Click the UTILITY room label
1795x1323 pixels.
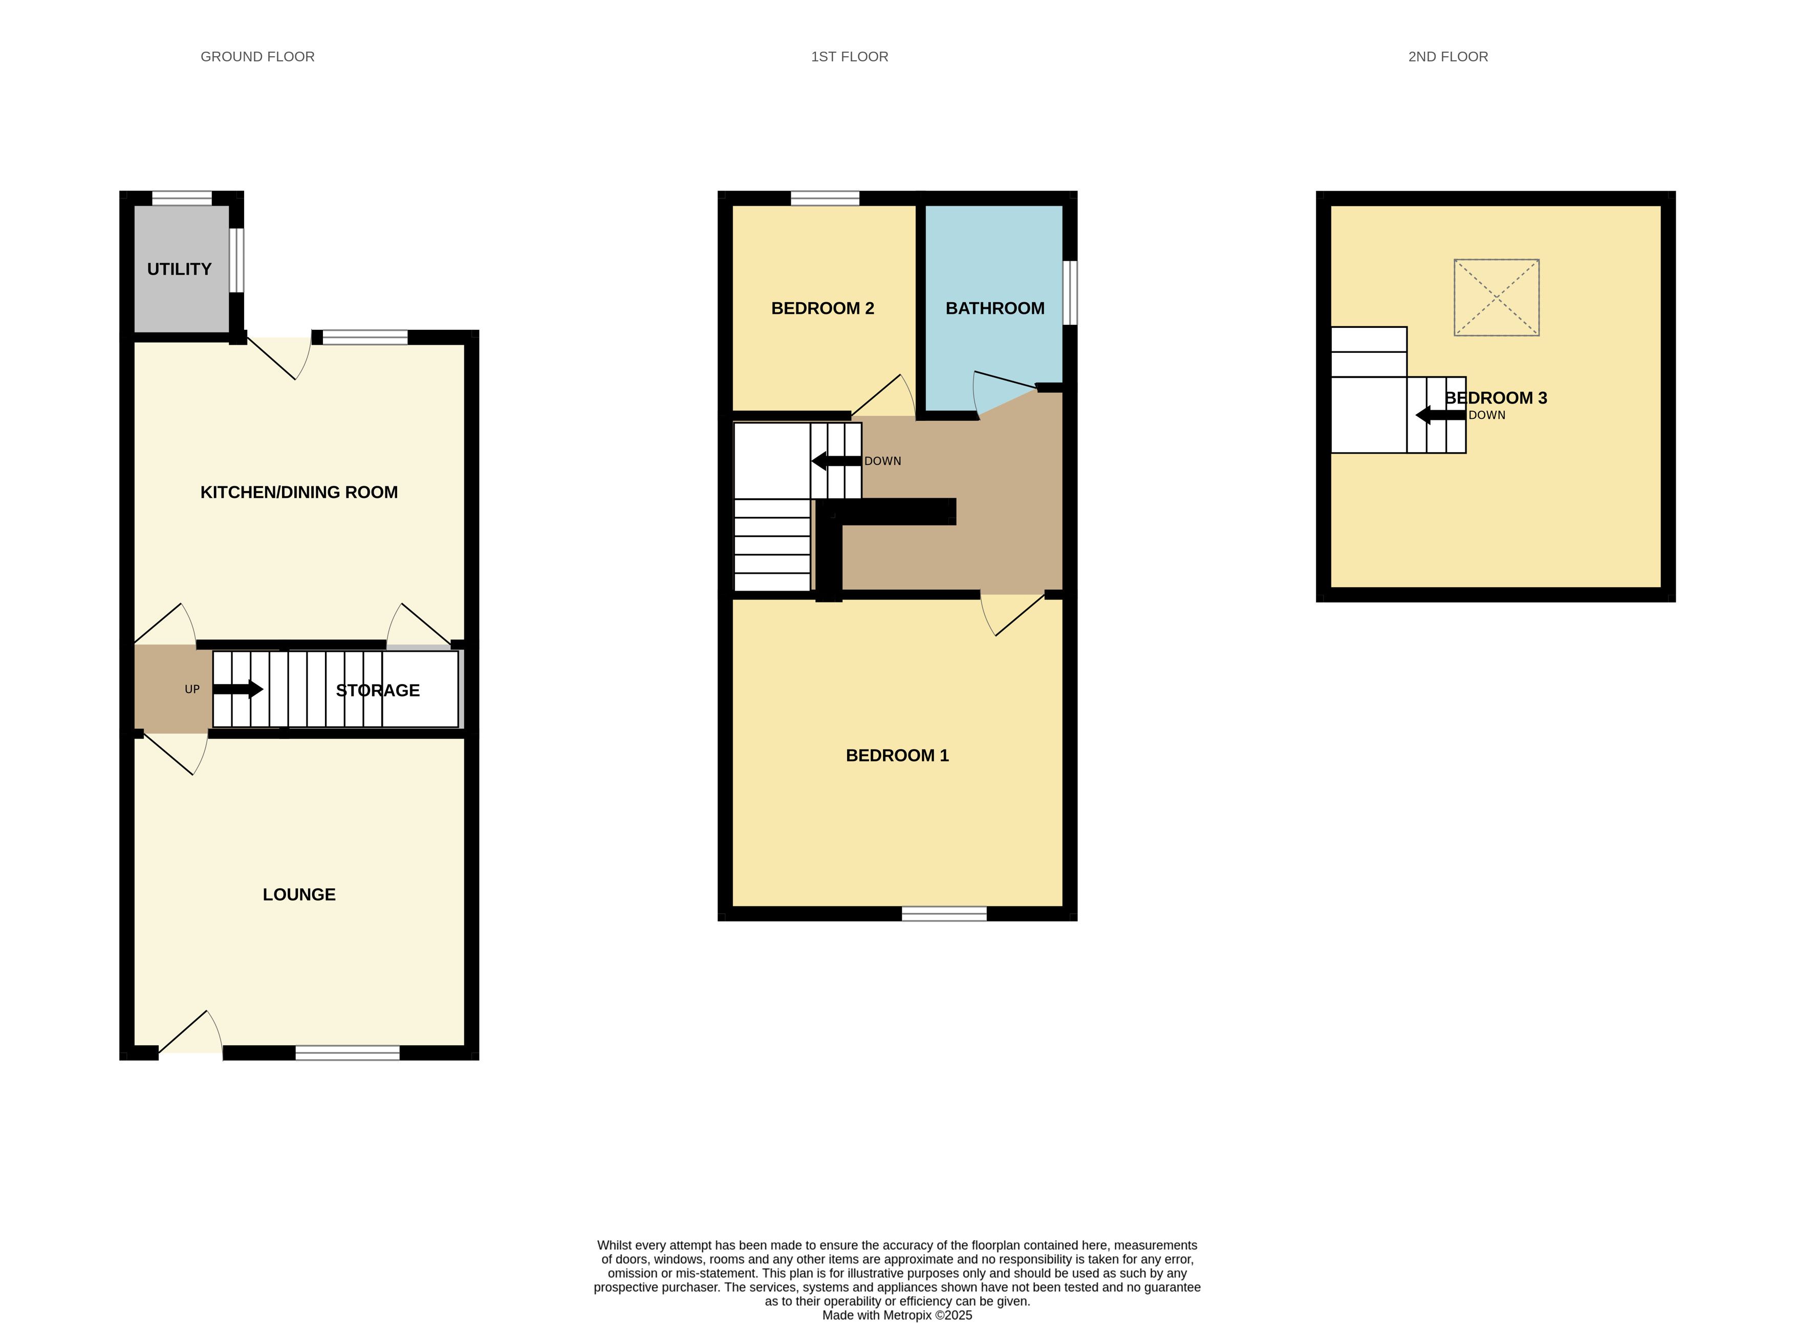pos(180,269)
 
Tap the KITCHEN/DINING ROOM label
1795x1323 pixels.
pos(299,492)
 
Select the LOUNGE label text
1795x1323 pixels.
pos(299,894)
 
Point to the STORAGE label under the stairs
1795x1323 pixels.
pos(377,690)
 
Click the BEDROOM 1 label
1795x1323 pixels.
pos(898,755)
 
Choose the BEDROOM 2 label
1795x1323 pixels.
pos(822,308)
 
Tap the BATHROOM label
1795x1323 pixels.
pos(996,308)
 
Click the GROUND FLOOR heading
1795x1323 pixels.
pos(257,57)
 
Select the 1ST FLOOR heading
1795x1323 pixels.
pos(850,57)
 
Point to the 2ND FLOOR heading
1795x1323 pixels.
pos(1448,57)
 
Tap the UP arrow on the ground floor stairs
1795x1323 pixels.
pos(238,689)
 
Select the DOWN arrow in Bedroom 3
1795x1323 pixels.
pos(1441,415)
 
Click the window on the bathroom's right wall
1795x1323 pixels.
pos(1070,293)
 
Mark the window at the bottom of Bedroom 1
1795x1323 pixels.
pos(944,914)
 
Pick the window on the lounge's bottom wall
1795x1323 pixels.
pos(347,1053)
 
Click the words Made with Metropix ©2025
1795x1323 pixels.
pos(898,1315)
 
